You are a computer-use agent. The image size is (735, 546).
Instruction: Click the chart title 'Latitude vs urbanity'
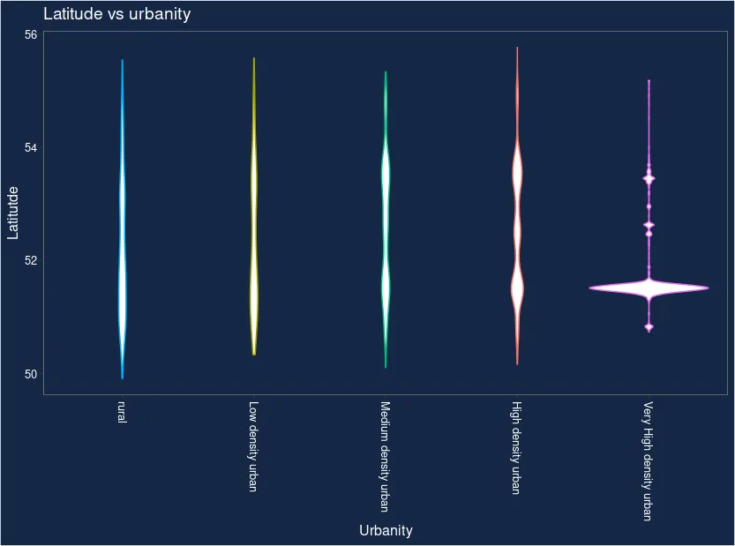click(116, 14)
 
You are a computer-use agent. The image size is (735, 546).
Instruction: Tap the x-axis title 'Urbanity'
click(386, 530)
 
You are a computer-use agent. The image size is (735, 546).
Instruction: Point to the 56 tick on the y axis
click(31, 34)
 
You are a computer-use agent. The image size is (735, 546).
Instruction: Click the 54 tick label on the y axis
click(31, 147)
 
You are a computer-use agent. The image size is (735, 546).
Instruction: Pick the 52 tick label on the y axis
click(31, 260)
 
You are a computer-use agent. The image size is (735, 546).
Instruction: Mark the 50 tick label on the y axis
click(31, 374)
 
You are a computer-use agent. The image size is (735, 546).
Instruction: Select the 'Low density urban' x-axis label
click(253, 446)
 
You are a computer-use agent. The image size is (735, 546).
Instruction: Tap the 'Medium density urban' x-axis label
click(385, 456)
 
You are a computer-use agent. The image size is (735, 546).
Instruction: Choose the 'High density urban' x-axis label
click(516, 448)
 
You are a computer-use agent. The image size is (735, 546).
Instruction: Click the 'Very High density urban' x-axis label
click(648, 461)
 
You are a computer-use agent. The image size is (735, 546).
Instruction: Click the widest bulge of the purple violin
click(649, 288)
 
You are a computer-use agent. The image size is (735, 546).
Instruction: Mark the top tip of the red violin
click(517, 49)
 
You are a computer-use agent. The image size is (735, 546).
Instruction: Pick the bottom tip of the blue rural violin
click(122, 378)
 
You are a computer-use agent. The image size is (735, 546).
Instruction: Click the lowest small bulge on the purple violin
click(649, 327)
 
